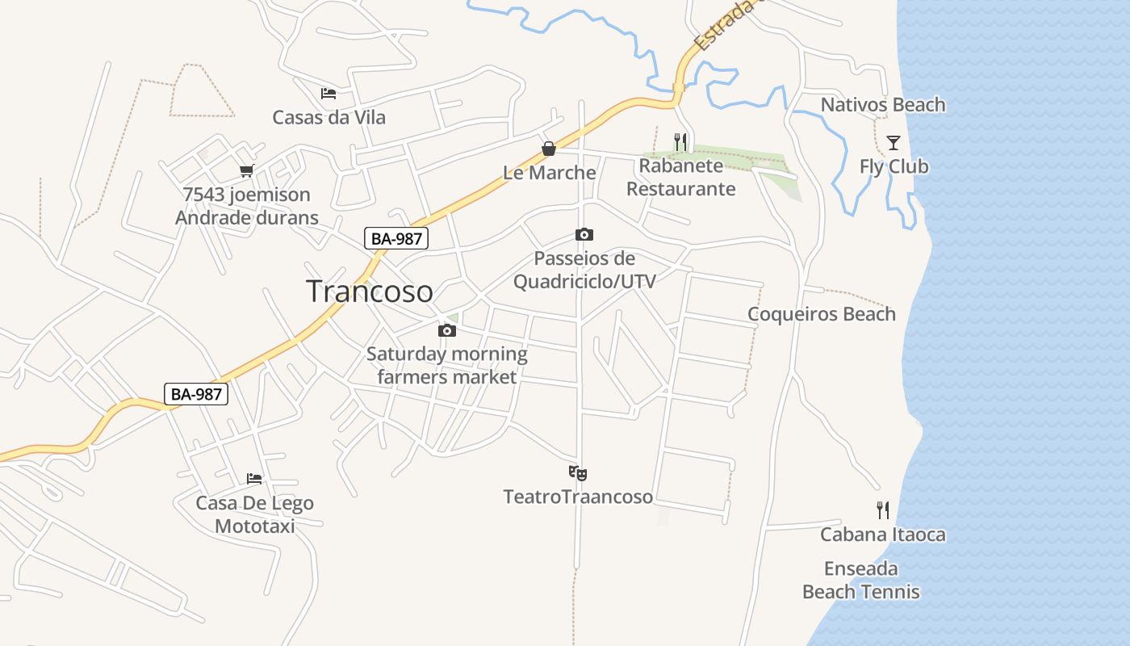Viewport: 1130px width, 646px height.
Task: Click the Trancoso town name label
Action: tap(369, 292)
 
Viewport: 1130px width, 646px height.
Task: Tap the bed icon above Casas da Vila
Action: tap(328, 94)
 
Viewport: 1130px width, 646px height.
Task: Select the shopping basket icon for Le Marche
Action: tap(549, 149)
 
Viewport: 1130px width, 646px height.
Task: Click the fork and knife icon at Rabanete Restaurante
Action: tap(680, 142)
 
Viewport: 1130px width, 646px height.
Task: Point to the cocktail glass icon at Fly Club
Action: tap(894, 143)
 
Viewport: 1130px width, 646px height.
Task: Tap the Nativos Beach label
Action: tap(882, 105)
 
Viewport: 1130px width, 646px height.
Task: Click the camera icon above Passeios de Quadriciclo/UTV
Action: tap(584, 235)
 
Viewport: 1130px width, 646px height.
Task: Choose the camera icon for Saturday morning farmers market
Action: tap(446, 330)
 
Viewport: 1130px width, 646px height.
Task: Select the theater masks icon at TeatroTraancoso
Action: tap(578, 473)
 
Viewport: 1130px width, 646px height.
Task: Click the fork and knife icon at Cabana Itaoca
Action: tap(883, 510)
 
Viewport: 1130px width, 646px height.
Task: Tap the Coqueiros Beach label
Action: tap(821, 314)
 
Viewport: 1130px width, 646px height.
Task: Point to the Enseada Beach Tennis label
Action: tap(860, 581)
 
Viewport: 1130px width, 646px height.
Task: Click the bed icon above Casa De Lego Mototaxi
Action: tap(254, 479)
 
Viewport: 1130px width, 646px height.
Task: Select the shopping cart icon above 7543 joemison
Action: tap(246, 171)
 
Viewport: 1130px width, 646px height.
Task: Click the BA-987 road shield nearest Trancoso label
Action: tap(395, 238)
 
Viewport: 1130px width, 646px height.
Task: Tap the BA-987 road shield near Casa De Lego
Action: tap(196, 394)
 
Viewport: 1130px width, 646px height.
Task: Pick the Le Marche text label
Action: tap(549, 173)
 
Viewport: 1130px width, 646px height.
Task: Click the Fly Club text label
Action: tap(894, 167)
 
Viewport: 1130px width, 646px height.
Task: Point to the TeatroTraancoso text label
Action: tap(578, 497)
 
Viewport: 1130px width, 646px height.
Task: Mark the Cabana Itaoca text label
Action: tap(882, 535)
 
